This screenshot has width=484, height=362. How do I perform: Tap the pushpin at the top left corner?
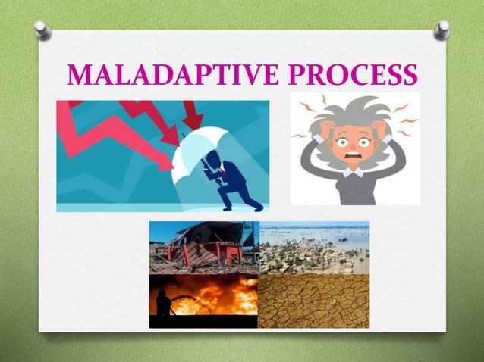(43, 30)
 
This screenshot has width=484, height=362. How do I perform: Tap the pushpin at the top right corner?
(442, 30)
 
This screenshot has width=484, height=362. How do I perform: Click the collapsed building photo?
(203, 247)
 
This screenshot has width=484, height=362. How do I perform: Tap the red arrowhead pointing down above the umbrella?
(193, 120)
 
